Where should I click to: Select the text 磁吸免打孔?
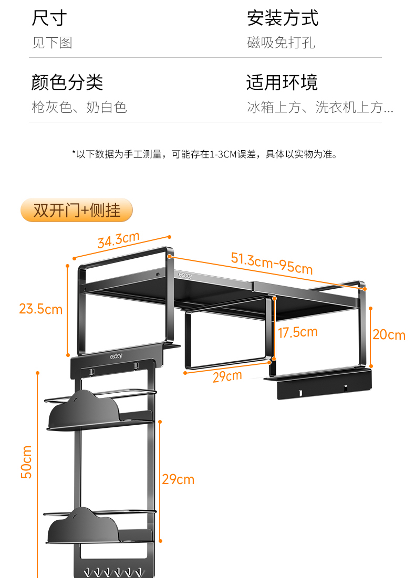tap(281, 43)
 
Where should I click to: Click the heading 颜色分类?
tap(67, 82)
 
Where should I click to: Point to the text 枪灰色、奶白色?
tap(79, 108)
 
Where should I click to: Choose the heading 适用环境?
tap(282, 82)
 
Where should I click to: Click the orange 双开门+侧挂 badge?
tap(77, 210)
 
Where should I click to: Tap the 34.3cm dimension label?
tap(118, 240)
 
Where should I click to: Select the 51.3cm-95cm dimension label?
tap(272, 262)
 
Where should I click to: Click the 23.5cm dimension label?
tap(40, 309)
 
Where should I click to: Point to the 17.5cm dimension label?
tap(298, 332)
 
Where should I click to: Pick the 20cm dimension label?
tap(389, 334)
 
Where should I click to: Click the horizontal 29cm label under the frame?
tap(227, 376)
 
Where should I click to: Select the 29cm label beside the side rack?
tap(178, 479)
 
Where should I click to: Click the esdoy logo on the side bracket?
tap(116, 355)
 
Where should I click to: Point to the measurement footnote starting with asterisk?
tap(204, 154)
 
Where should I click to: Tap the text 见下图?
tap(51, 43)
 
